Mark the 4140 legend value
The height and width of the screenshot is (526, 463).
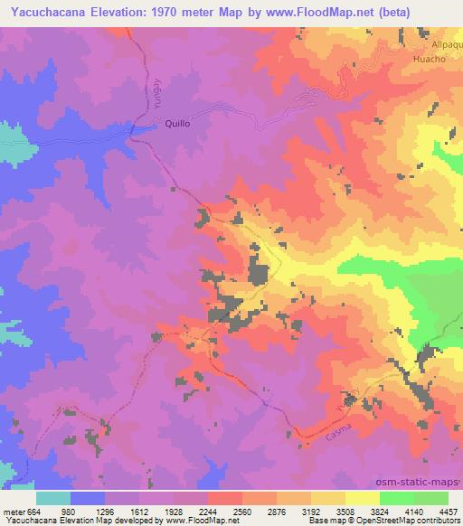(x=410, y=512)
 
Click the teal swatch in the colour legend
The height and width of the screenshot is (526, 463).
(x=53, y=498)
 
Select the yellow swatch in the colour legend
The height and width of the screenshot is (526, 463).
(x=363, y=498)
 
